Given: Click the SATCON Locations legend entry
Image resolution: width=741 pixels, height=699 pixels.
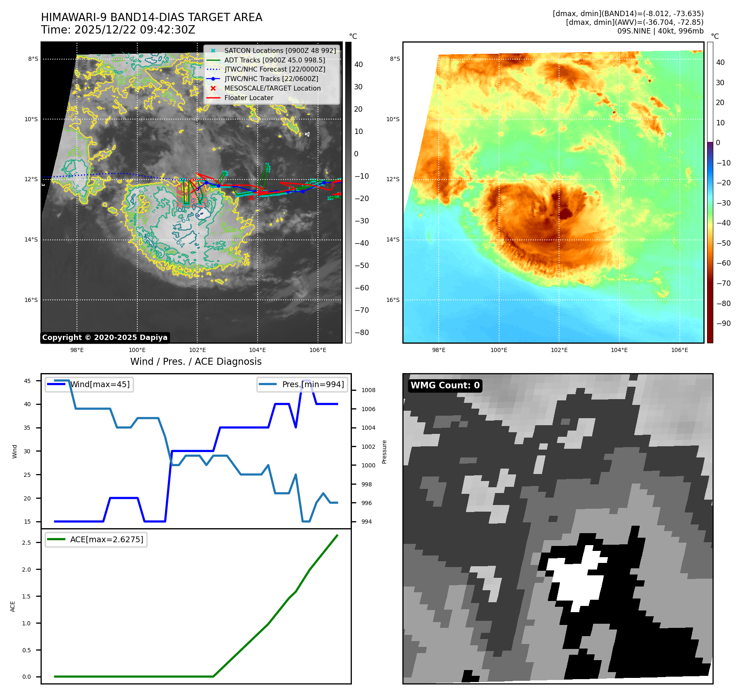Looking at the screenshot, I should [x=280, y=50].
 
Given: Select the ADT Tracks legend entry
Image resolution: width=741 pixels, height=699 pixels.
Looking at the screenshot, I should [x=274, y=60].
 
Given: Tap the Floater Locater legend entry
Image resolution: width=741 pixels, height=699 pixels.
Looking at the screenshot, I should [x=249, y=98].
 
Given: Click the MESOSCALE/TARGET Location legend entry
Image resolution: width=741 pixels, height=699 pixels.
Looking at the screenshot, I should [x=272, y=88].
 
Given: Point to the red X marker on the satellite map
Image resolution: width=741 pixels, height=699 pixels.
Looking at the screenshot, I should [x=251, y=198].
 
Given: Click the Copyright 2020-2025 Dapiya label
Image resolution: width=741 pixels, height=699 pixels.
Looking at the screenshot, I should [x=105, y=338].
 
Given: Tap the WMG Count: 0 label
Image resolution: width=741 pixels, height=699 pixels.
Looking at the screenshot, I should [x=445, y=385].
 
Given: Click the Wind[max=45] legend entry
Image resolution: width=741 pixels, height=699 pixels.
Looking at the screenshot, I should [x=100, y=384].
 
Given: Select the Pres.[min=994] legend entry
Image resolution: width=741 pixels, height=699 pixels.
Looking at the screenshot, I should [x=313, y=384].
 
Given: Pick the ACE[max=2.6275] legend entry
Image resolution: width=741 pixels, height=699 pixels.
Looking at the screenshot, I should [x=106, y=539].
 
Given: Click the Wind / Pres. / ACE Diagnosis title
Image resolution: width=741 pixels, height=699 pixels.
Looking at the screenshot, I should [x=196, y=361].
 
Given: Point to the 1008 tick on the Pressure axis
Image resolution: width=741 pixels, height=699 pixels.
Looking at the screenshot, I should [x=368, y=390].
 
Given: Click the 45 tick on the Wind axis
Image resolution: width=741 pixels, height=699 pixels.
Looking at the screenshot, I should [x=27, y=381].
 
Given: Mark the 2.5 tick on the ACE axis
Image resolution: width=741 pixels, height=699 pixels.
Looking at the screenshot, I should [x=26, y=543].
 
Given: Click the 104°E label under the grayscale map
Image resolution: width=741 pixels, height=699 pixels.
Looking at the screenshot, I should [x=257, y=350].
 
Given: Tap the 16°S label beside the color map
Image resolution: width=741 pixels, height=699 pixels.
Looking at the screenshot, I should [x=393, y=300].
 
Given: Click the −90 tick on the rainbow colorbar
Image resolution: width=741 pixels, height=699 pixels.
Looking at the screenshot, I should [x=723, y=323].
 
